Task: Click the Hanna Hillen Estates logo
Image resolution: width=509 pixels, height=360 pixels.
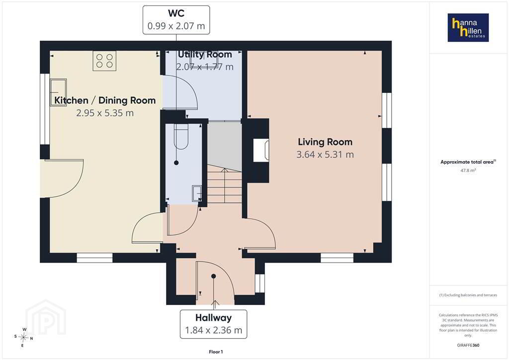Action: pos(468,27)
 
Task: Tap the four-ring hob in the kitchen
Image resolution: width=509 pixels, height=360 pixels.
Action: pos(104,61)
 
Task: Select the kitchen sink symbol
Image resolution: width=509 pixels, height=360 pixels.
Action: pos(58,92)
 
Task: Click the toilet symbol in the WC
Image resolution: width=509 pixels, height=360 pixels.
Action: pos(181,136)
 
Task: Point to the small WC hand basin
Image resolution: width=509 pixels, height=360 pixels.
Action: pos(197,193)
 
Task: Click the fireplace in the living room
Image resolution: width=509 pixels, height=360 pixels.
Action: pos(261,151)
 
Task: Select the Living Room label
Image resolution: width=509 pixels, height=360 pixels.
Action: pos(325,142)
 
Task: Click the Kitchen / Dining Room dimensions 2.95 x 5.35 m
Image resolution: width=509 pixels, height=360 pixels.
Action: pos(105,113)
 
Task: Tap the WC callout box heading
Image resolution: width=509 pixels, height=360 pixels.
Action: pos(176,13)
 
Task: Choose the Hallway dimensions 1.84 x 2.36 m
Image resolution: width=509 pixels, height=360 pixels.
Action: pos(214,330)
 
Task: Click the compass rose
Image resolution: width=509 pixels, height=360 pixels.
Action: pos(24,338)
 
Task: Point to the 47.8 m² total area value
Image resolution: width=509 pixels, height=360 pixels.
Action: pos(468,170)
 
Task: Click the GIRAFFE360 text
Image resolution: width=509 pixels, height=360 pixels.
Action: pos(468,345)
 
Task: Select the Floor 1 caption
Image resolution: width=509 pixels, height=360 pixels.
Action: pos(216,352)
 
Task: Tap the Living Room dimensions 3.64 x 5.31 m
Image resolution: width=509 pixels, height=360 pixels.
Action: pos(325,155)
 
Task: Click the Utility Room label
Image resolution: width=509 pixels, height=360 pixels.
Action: pos(205,54)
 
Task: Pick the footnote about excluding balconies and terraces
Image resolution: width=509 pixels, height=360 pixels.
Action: pos(468,295)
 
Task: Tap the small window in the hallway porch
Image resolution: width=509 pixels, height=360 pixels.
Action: pos(259,283)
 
